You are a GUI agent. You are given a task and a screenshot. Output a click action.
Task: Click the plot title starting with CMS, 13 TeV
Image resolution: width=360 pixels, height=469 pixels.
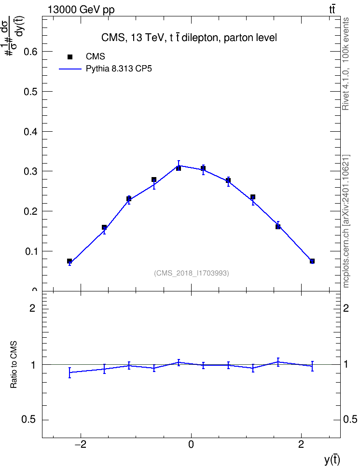[189, 38]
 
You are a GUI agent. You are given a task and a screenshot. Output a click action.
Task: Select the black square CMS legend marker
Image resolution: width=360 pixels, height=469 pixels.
[70, 56]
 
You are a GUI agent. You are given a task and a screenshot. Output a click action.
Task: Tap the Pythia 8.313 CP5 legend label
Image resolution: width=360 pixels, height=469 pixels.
[119, 69]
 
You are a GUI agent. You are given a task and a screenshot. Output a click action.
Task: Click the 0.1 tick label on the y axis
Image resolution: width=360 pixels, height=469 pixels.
[30, 251]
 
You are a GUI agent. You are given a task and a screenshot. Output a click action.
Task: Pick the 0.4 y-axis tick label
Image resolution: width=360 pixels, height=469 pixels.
[30, 131]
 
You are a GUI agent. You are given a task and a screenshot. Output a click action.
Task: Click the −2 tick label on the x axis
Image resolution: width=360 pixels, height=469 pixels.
[80, 444]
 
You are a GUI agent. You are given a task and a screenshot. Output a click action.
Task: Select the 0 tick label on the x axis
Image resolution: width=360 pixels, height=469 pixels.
[191, 444]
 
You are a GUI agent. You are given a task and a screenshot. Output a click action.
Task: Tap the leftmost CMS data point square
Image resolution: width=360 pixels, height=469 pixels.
[69, 261]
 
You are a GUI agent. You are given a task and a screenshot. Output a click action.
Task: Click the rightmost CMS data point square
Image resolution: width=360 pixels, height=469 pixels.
[312, 261]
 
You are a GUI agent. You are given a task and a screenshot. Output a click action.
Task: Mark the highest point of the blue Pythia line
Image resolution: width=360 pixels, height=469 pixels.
[179, 166]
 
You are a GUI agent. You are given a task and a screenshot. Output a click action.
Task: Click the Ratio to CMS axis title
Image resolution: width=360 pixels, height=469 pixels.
[14, 365]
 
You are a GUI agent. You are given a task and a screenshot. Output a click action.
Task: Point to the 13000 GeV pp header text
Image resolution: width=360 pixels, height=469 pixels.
[81, 10]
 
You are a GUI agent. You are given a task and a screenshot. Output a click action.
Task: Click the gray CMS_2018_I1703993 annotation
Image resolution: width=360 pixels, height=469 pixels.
[192, 273]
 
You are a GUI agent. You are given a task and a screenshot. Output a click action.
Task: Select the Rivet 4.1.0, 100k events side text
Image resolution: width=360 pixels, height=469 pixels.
[346, 64]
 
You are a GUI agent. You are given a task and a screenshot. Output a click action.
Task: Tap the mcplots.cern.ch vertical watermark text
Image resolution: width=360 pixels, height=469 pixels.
[346, 221]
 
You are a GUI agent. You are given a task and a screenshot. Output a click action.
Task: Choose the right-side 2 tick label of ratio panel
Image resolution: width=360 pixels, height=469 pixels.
[346, 308]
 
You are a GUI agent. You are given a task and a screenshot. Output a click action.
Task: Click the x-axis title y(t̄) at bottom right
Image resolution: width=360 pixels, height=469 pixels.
[332, 459]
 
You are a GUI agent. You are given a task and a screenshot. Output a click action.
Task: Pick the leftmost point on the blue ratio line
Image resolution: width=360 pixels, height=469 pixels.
[69, 372]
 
